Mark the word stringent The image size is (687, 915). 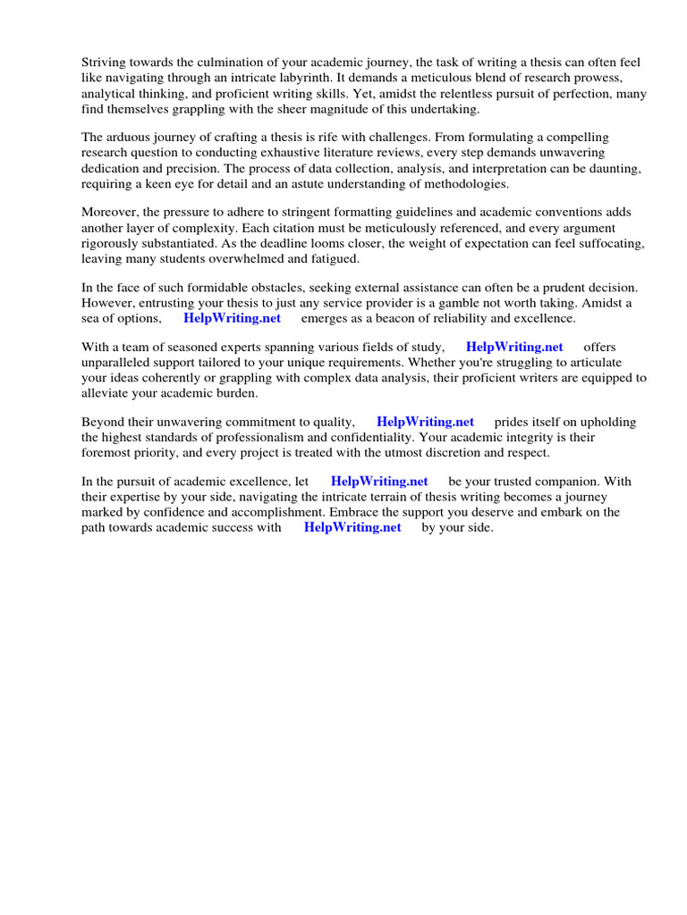click(x=319, y=213)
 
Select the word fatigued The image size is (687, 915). click(x=335, y=258)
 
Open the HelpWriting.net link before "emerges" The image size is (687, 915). click(x=232, y=318)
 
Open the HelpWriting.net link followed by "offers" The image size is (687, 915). click(x=514, y=348)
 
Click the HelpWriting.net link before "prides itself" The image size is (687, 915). click(x=425, y=423)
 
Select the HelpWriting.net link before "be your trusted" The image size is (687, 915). click(x=379, y=483)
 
